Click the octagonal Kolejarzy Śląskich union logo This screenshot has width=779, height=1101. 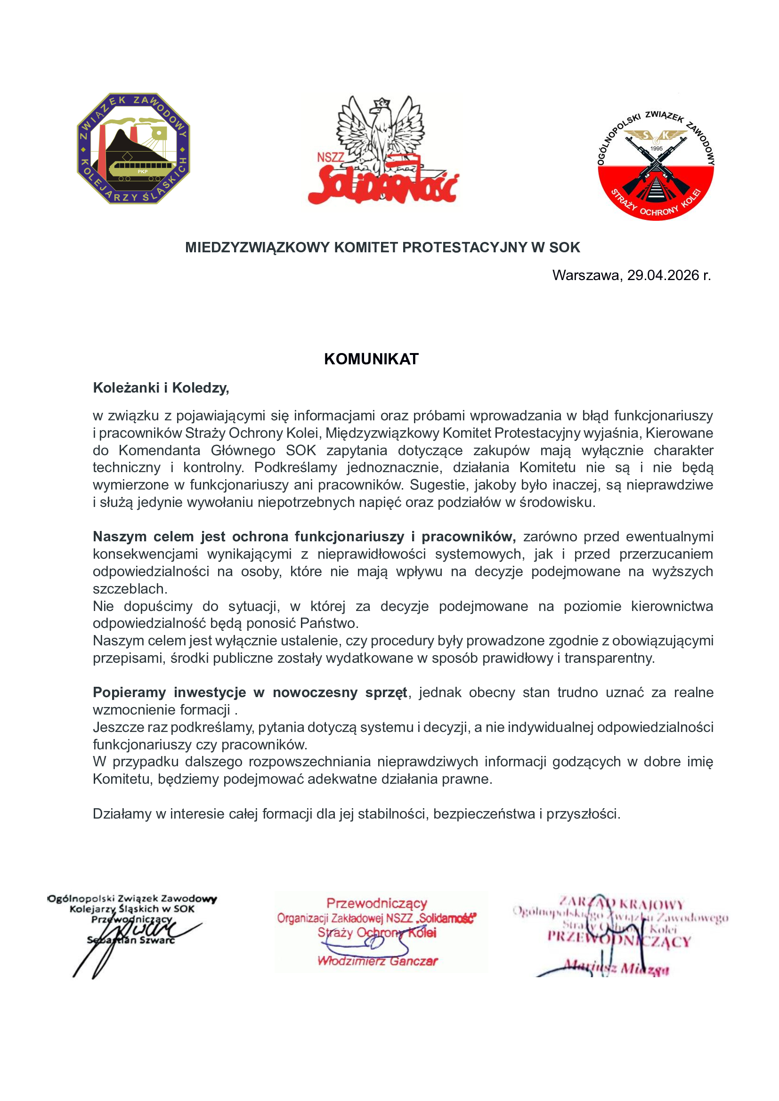coord(133,148)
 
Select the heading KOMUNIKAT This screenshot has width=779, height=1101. coord(371,359)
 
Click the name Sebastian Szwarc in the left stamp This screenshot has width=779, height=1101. coord(131,940)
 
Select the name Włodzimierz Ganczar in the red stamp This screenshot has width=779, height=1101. coord(378,961)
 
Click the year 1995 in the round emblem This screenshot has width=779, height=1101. coord(656,149)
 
